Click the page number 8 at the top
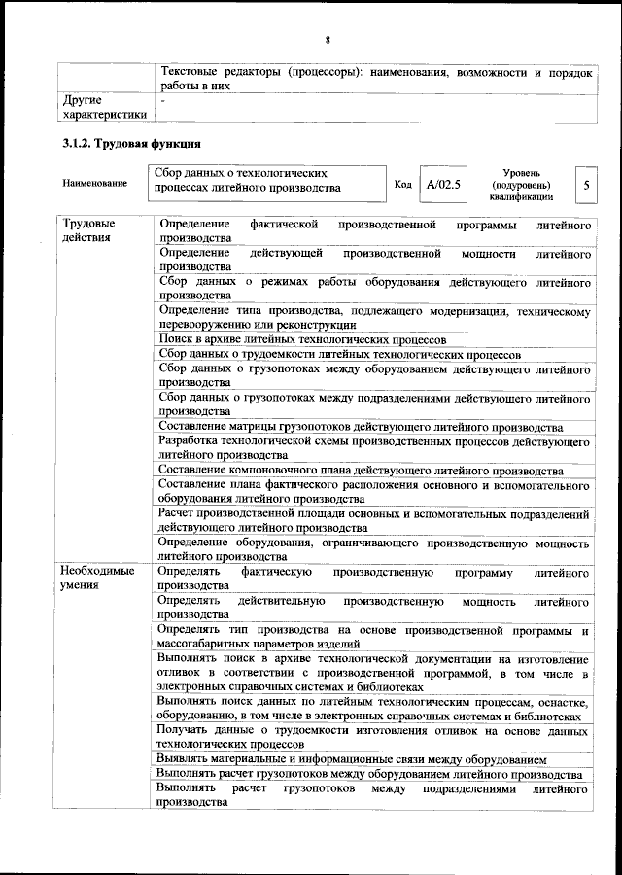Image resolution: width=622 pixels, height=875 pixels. pos(328,39)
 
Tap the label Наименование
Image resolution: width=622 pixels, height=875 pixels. pos(94,183)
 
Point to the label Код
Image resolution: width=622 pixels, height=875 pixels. pos(402,183)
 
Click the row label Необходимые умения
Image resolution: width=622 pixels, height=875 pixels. pos(97,578)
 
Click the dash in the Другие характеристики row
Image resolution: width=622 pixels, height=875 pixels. pos(163,100)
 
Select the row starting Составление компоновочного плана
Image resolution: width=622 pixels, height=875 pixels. pos(361,471)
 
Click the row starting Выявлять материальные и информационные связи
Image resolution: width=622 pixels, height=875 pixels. pos(352,757)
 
